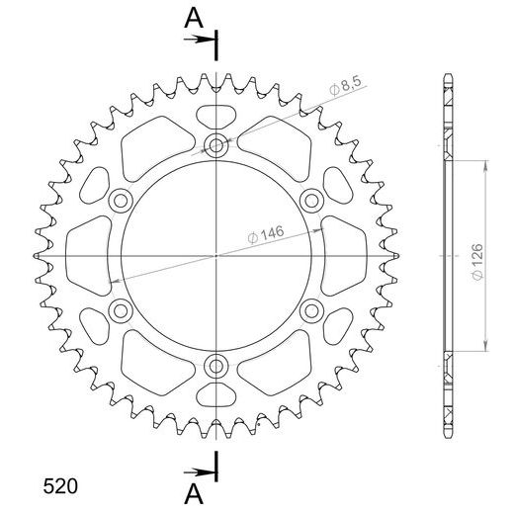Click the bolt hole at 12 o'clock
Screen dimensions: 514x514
[x=216, y=146]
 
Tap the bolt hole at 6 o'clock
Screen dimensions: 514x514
[x=216, y=368]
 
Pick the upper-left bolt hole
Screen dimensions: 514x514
[x=121, y=202]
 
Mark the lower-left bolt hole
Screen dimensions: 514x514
[x=121, y=312]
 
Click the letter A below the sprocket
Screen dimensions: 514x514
[x=196, y=493]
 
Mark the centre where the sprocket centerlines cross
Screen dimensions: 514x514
[x=216, y=257]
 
